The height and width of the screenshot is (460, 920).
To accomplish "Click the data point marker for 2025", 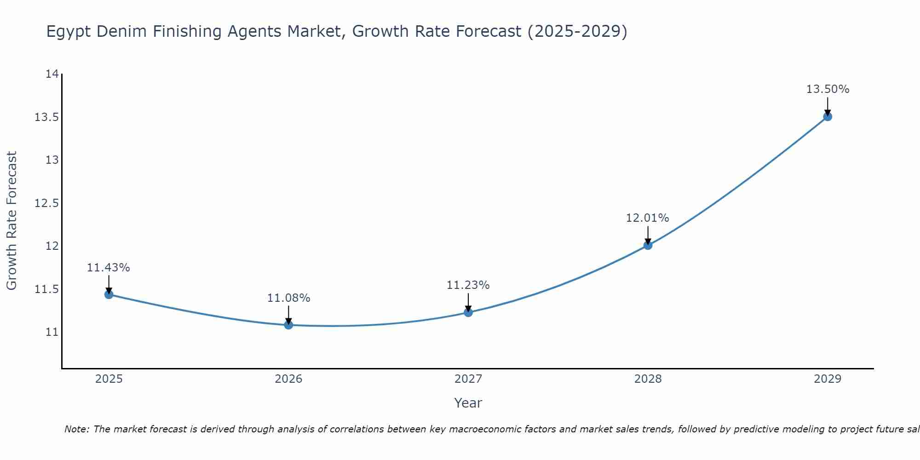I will click(109, 294).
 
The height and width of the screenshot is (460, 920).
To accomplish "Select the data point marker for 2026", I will click(288, 325).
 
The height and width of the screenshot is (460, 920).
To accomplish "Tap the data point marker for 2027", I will click(468, 312).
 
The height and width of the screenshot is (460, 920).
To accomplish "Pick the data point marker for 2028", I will click(648, 245).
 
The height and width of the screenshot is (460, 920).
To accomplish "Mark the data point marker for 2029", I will click(828, 116).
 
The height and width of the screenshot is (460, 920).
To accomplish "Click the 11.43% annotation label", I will click(109, 268).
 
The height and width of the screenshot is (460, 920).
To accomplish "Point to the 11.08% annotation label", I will click(288, 298).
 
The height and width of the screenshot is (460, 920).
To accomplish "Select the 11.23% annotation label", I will click(468, 285).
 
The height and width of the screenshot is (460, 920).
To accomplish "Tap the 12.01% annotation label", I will click(647, 218).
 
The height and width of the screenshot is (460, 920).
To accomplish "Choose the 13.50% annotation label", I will click(828, 89).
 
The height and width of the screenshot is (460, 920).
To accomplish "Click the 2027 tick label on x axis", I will click(468, 379).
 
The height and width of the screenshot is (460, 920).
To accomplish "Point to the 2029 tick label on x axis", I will click(828, 379).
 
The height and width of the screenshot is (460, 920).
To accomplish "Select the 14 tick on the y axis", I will click(52, 74).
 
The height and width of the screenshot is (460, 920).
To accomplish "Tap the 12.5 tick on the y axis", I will click(47, 203).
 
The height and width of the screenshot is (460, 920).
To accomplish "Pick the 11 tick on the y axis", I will click(52, 332).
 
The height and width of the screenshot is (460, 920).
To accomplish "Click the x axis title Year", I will click(468, 403).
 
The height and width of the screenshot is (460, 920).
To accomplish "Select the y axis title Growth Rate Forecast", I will click(12, 221).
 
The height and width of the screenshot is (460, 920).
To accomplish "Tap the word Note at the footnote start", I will click(76, 429).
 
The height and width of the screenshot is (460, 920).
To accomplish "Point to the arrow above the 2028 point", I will click(648, 235).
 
